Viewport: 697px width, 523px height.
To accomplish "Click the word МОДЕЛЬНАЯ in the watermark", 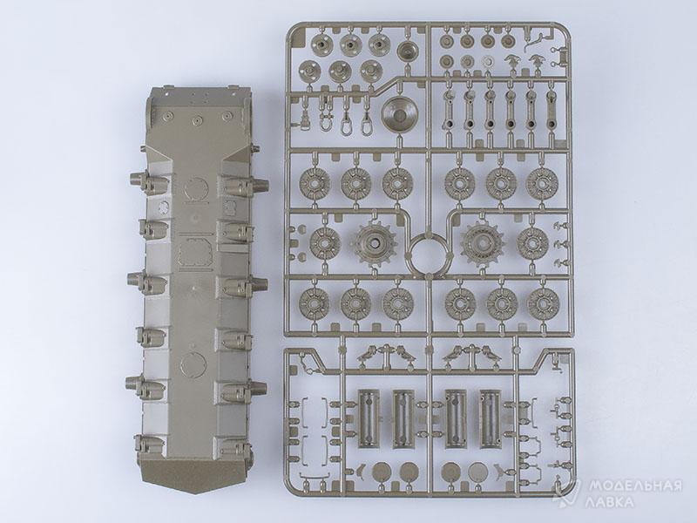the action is [x=635, y=486].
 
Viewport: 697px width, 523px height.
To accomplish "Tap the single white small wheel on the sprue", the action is [x=488, y=61].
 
